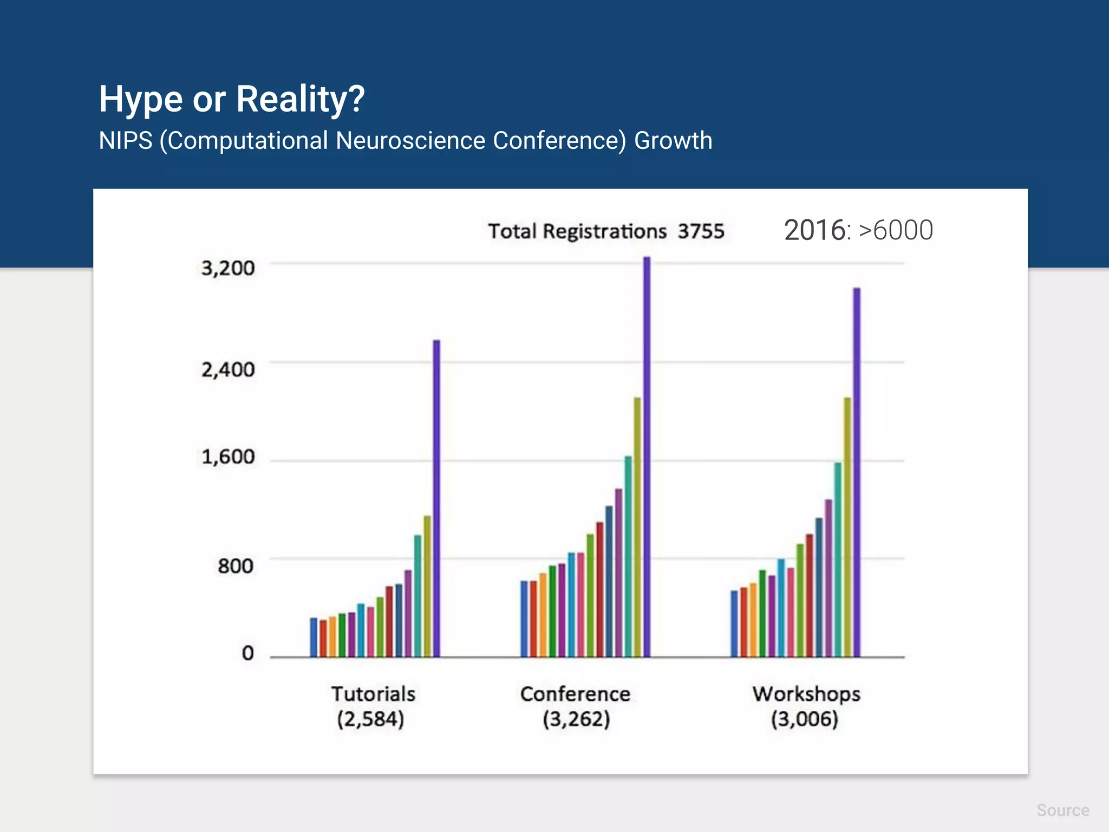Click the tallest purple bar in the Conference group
point(647,458)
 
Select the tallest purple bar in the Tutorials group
point(436,498)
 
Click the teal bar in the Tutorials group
point(417,596)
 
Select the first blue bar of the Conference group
point(524,619)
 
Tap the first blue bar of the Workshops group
point(734,623)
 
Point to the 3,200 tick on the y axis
point(228,268)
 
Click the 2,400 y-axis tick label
point(228,370)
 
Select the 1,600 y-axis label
point(228,457)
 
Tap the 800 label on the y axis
point(236,566)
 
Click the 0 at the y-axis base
point(247,653)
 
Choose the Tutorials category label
point(373,694)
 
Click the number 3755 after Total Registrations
point(701,231)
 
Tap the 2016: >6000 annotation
point(858,230)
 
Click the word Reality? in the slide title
point(301,99)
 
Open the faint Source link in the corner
point(1062,810)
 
